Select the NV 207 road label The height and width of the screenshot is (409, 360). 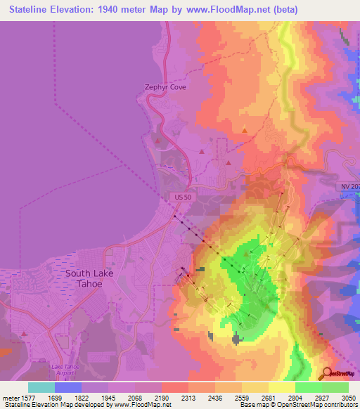pyautogui.click(x=350, y=186)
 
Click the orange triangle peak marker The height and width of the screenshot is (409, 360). pyautogui.click(x=244, y=130)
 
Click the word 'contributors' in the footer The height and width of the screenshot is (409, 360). pyautogui.click(x=340, y=405)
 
